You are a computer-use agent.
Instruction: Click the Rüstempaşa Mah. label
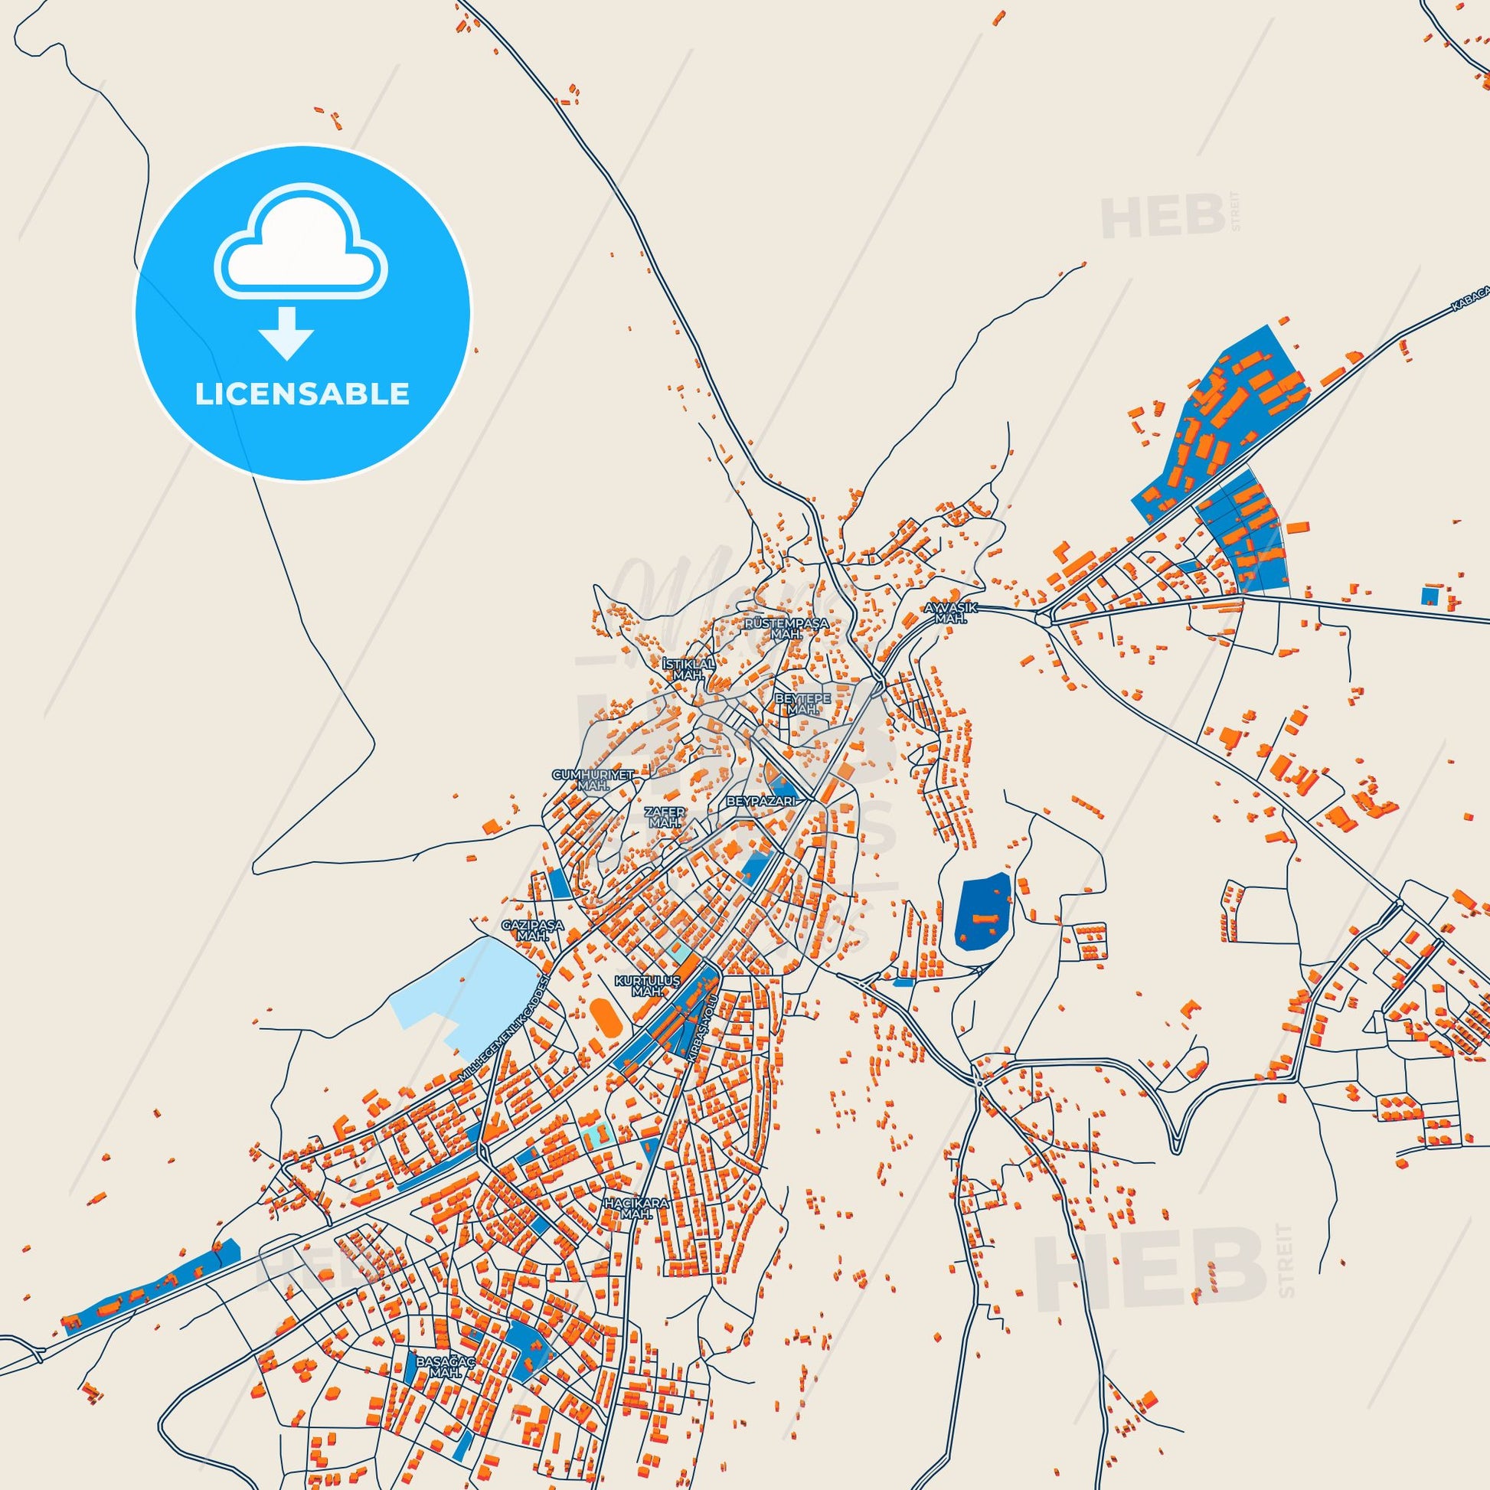click(x=786, y=628)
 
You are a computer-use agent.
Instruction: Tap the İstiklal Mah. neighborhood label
click(x=688, y=668)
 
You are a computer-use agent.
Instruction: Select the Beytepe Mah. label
click(x=802, y=703)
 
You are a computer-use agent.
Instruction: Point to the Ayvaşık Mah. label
click(x=951, y=613)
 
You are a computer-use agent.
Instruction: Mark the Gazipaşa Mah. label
click(x=532, y=930)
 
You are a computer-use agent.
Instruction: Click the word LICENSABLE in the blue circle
click(x=302, y=394)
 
